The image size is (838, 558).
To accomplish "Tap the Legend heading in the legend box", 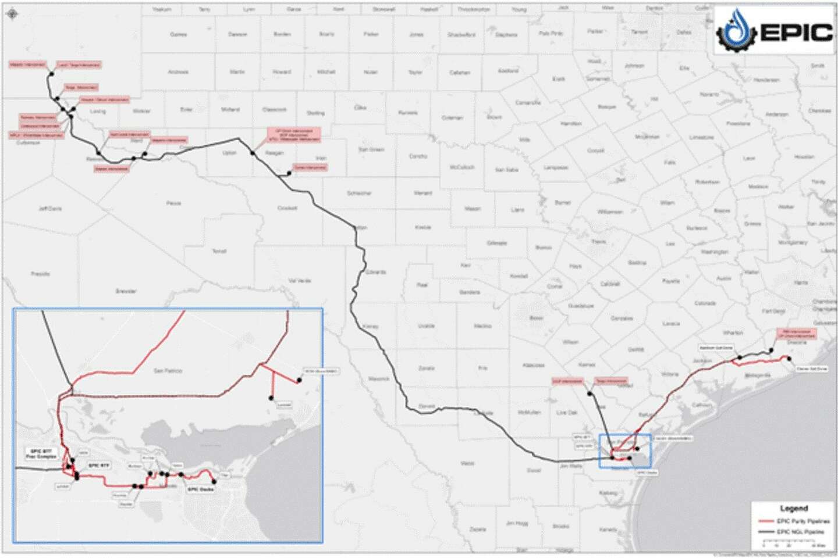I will [793, 508].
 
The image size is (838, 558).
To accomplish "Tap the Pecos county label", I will [173, 203].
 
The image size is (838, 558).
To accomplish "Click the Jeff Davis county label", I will [50, 208].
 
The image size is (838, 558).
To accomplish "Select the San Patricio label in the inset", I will [168, 370].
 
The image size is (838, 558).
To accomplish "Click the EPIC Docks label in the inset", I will [200, 489].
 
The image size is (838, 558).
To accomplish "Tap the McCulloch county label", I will [462, 167].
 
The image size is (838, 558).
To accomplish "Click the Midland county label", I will [230, 109].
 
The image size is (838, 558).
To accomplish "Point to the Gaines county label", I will [178, 34].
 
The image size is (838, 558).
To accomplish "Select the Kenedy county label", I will [608, 530].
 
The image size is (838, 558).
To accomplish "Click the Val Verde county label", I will [300, 281].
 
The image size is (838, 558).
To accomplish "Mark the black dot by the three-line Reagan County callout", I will [253, 153].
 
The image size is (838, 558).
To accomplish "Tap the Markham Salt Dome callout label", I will [716, 348].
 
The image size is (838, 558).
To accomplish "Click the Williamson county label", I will [610, 212].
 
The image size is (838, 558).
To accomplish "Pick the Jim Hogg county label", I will [517, 523].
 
